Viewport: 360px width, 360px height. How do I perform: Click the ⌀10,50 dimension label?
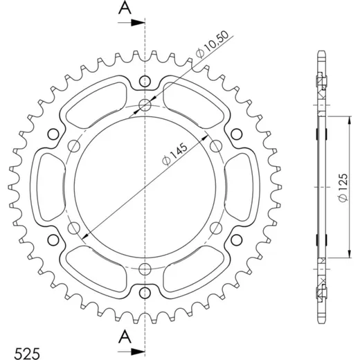[212, 44]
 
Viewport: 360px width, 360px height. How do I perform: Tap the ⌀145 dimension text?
[174, 154]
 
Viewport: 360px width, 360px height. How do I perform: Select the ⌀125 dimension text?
[343, 188]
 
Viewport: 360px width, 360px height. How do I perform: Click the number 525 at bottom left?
[27, 353]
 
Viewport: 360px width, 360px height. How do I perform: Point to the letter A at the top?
[125, 8]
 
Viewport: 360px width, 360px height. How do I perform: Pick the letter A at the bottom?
[125, 336]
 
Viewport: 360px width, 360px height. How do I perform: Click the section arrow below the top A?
[132, 23]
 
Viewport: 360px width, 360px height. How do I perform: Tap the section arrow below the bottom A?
[132, 352]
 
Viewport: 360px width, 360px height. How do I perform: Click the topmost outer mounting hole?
[145, 81]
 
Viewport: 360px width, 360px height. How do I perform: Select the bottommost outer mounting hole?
[145, 293]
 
